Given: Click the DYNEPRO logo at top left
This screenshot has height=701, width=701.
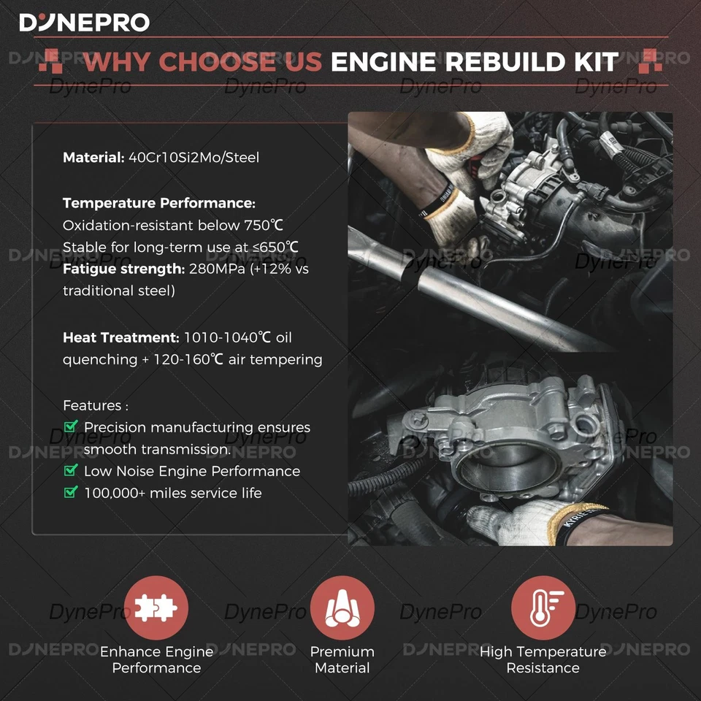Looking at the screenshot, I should (x=84, y=22).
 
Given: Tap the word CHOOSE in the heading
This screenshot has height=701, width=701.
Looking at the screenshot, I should (x=240, y=62).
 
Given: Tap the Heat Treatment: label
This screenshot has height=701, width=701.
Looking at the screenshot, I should (x=120, y=337).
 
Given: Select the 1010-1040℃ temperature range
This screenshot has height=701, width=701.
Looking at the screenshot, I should (x=226, y=337).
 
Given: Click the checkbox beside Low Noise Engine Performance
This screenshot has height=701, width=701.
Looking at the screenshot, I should (x=71, y=470).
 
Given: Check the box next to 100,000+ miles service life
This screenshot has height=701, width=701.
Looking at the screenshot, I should (x=71, y=492).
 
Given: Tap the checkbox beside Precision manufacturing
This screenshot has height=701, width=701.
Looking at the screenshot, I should (x=71, y=426).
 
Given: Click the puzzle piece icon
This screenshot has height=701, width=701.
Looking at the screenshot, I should (x=156, y=608).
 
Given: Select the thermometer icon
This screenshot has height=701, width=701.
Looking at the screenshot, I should (x=543, y=608).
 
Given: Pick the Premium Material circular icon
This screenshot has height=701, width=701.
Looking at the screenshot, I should (x=342, y=608).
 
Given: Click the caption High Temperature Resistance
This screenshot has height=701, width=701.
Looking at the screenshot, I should (x=543, y=659).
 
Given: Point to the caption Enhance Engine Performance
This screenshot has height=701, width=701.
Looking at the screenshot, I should (x=156, y=659).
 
